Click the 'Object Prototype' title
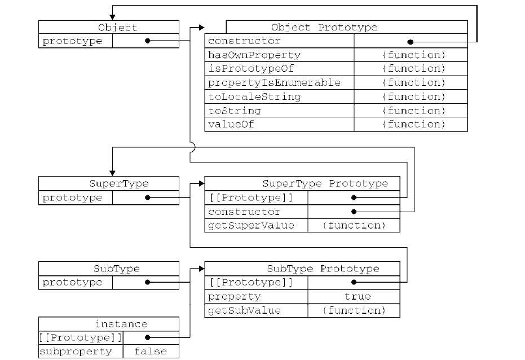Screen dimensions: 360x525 pyautogui.click(x=324, y=27)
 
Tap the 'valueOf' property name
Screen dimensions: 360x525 pyautogui.click(x=231, y=124)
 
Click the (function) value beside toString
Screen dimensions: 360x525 pyautogui.click(x=413, y=111)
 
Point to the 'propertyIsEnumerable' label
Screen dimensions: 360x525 pyautogui.click(x=274, y=82)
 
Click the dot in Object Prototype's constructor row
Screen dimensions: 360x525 pyautogui.click(x=411, y=42)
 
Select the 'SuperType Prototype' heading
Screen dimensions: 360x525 pyautogui.click(x=325, y=183)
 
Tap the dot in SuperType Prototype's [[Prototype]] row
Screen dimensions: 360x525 pyautogui.click(x=354, y=198)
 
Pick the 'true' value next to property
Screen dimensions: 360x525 pyautogui.click(x=358, y=297)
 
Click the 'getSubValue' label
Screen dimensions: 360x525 pyautogui.click(x=244, y=310)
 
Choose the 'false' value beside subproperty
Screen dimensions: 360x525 pyautogui.click(x=151, y=352)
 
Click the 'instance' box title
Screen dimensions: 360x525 pyautogui.click(x=121, y=324)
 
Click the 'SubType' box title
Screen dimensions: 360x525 pyautogui.click(x=116, y=269)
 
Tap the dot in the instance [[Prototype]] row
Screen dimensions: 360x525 pyautogui.click(x=147, y=337)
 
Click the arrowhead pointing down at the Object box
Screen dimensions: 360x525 pyautogui.click(x=112, y=17)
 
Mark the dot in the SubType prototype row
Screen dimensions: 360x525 pyautogui.click(x=147, y=282)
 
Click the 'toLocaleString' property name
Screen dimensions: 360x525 pyautogui.click(x=254, y=96)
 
